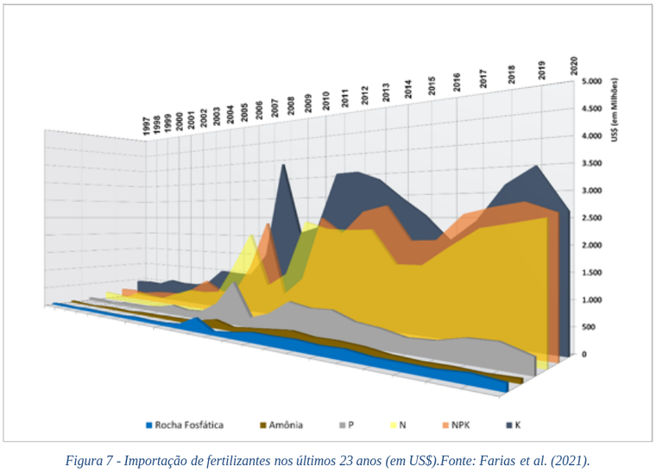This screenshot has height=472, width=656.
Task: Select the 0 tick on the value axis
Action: [585, 354]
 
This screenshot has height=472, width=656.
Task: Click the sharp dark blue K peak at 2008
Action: [283, 168]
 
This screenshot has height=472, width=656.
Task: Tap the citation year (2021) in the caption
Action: [571, 460]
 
